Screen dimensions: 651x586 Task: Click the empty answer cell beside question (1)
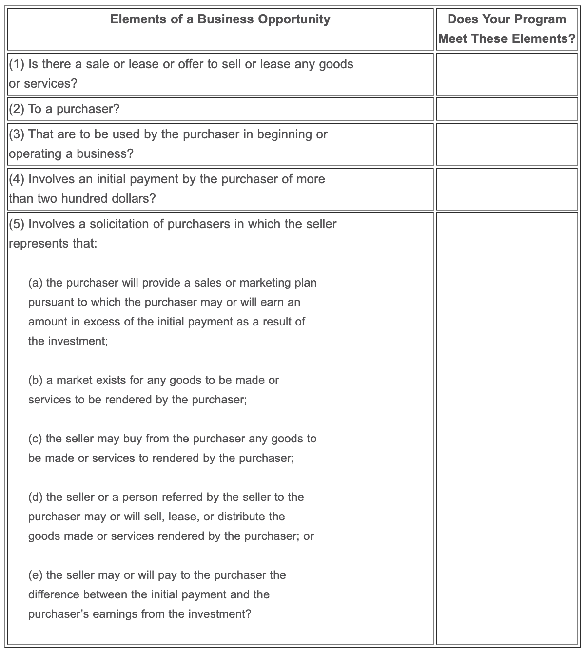point(507,74)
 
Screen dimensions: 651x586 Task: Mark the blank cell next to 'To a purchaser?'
point(507,109)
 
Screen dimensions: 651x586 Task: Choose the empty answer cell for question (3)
point(507,144)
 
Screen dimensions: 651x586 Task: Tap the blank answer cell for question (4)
point(507,189)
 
